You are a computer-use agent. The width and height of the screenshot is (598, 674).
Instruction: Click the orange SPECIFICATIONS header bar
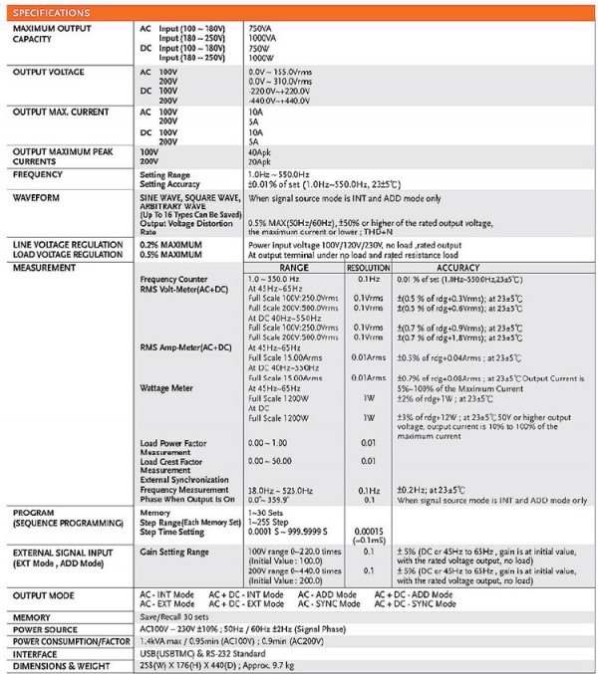[x=299, y=12]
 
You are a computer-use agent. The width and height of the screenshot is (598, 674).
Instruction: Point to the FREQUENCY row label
[x=39, y=173]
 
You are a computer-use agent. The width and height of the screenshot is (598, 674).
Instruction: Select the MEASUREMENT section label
[x=46, y=268]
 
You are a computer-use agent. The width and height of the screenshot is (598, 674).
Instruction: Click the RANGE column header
[x=294, y=268]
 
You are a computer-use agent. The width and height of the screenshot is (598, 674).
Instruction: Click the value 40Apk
[x=260, y=150]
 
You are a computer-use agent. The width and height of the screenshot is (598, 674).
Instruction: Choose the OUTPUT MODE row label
[x=44, y=594]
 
